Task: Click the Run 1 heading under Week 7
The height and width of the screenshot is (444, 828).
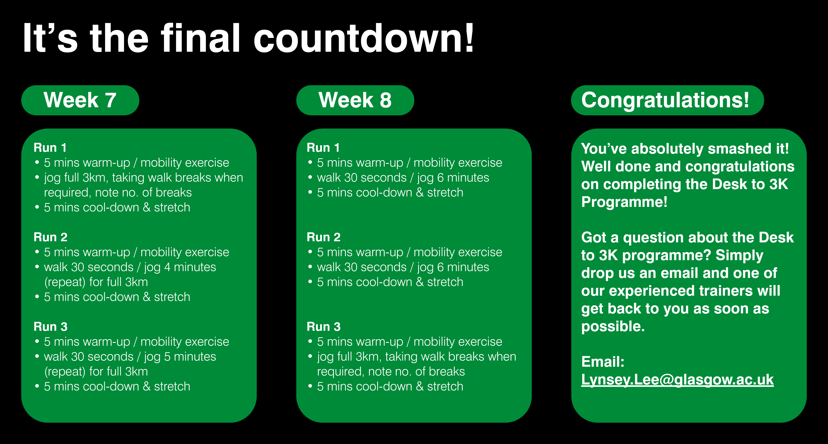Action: tap(50, 148)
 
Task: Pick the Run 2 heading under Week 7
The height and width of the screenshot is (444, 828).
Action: tap(51, 237)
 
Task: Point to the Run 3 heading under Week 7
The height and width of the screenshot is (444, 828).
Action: tap(51, 326)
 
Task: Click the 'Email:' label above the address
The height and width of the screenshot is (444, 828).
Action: tap(603, 362)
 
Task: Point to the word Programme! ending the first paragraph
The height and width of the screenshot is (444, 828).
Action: tap(624, 202)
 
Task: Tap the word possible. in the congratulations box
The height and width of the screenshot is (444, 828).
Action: tap(613, 326)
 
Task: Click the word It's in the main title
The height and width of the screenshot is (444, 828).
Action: tap(50, 38)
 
